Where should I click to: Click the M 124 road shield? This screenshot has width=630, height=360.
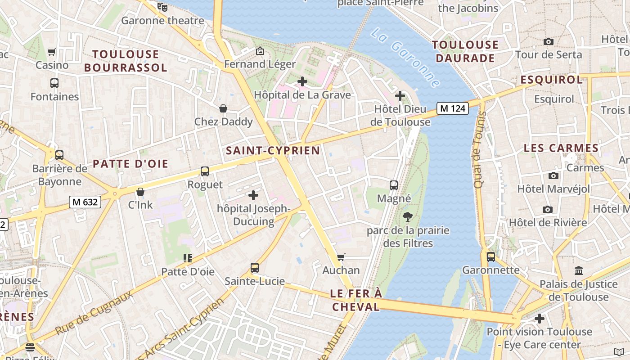point(453,108)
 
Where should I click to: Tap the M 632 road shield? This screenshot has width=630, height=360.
point(85,202)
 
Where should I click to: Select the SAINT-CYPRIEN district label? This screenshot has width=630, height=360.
point(273,151)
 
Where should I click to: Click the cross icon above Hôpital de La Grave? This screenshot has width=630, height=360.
point(302,81)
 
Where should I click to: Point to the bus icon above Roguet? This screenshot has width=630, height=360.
point(205,171)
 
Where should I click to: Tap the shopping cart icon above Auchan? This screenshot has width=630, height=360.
point(341,257)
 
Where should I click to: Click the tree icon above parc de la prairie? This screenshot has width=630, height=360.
point(408,217)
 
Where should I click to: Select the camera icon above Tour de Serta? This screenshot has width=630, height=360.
point(548,42)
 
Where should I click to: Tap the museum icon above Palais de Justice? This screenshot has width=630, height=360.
point(578,271)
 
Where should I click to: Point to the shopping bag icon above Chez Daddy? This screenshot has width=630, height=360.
point(223,108)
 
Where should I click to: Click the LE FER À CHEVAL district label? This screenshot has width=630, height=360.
point(355,300)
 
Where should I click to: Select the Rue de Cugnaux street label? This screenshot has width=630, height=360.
point(94,313)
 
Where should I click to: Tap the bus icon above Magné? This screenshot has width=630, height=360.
point(394,185)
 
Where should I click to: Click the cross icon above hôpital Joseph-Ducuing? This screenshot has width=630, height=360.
point(253,195)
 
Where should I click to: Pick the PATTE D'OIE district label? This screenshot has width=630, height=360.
point(130,164)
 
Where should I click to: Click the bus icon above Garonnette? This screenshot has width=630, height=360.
point(490,257)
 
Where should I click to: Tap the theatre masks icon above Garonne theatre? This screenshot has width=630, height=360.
point(162,7)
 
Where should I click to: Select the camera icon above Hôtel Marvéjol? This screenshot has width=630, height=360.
point(553,175)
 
